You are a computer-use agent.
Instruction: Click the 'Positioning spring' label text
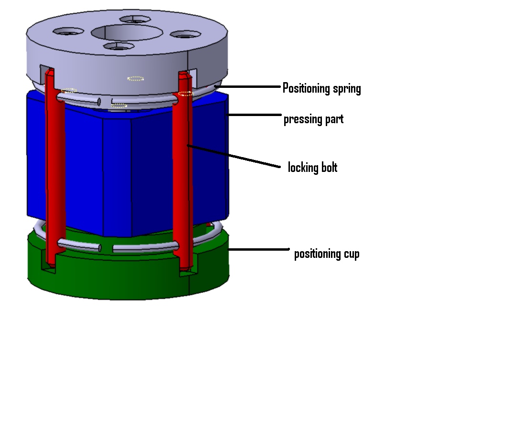pos(321,88)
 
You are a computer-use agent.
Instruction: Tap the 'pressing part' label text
pos(313,119)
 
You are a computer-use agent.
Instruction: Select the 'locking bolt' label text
pos(312,168)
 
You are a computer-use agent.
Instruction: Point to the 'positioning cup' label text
pos(327,254)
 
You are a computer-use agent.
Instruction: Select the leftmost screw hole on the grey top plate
pos(68,32)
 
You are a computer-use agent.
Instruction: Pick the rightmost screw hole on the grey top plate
pos(186,35)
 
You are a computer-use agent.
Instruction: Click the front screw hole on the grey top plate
pos(118,47)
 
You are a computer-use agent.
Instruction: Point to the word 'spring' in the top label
pos(346,89)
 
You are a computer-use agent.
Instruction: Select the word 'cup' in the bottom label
pos(351,255)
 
